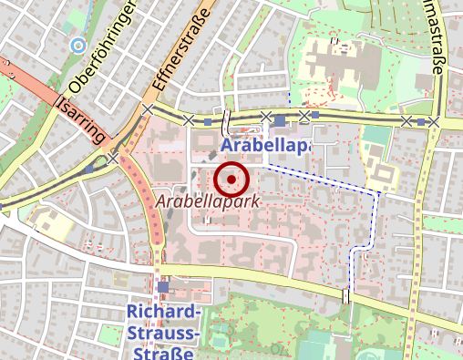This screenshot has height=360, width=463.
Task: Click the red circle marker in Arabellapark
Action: point(232,180)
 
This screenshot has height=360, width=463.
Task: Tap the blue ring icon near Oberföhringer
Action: point(77,44)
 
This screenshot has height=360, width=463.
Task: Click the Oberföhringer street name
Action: point(102,47)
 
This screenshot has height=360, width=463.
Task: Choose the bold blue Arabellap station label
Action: point(264,146)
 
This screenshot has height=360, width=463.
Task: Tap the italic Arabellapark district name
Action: point(208,200)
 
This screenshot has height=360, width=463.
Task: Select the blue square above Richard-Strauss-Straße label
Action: point(163,287)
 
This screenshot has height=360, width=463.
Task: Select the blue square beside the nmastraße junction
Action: point(420,121)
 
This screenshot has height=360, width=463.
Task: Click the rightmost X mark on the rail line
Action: point(435,122)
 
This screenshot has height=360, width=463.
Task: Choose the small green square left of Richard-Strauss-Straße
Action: point(119,278)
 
